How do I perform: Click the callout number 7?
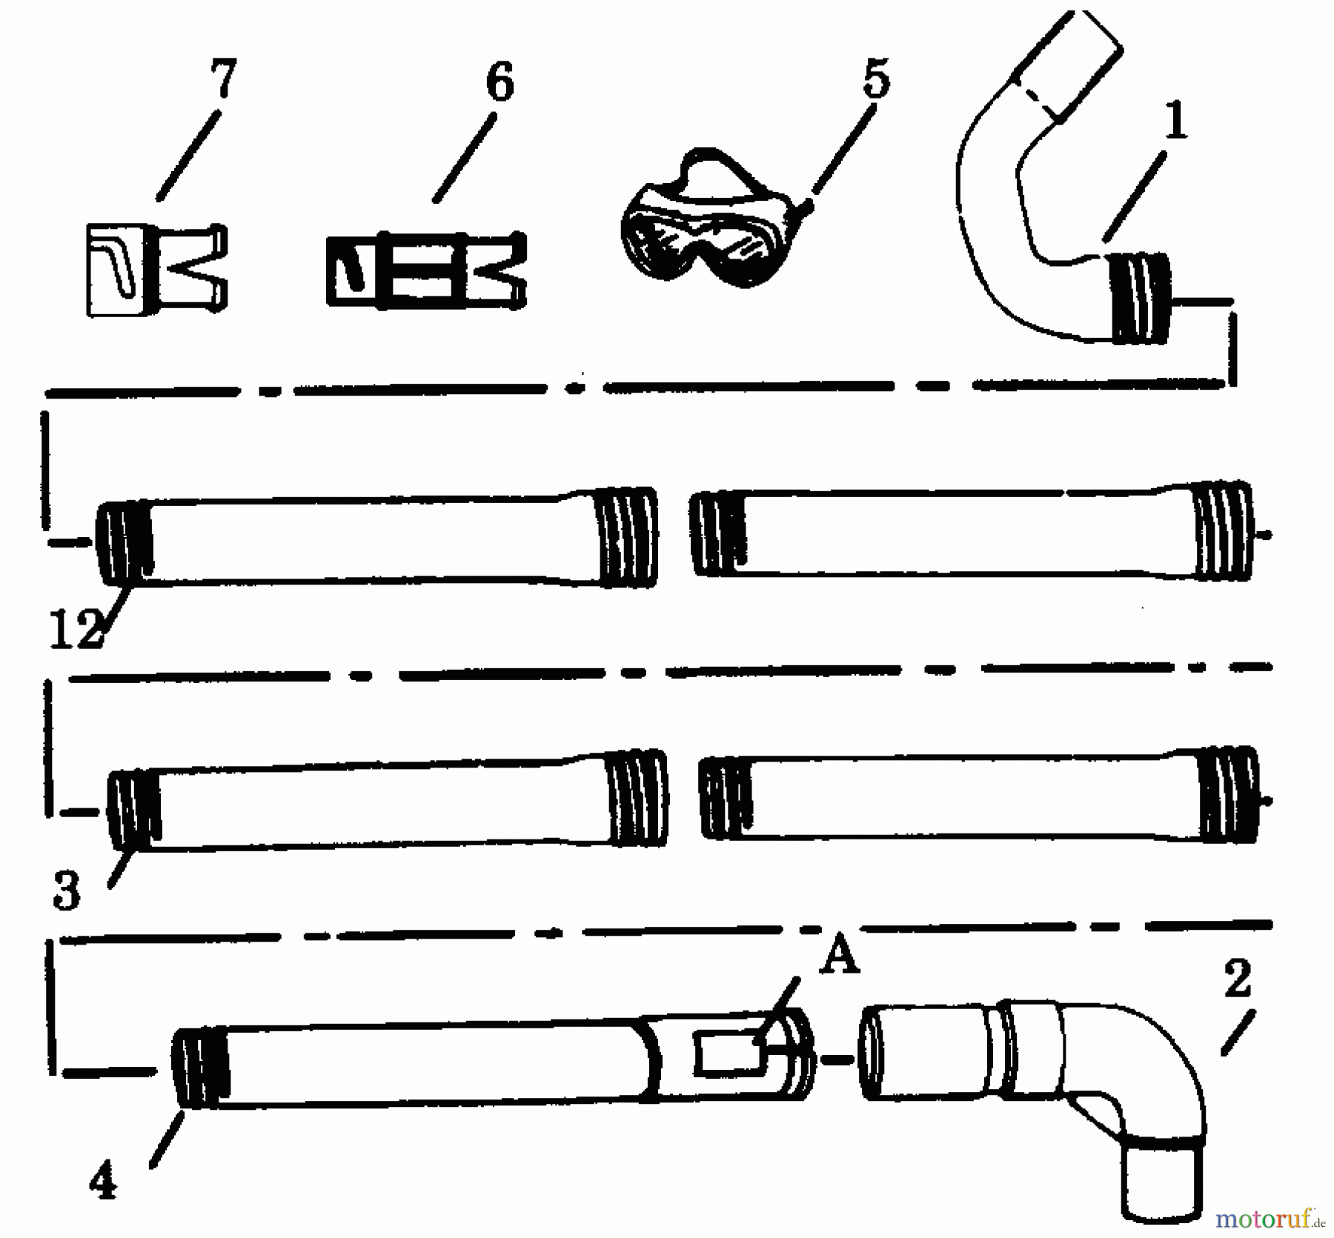222,78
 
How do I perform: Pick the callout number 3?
67,891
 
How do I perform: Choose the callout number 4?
103,1183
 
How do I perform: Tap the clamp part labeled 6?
426,270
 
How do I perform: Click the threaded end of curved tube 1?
1140,298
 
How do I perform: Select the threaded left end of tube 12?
125,542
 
